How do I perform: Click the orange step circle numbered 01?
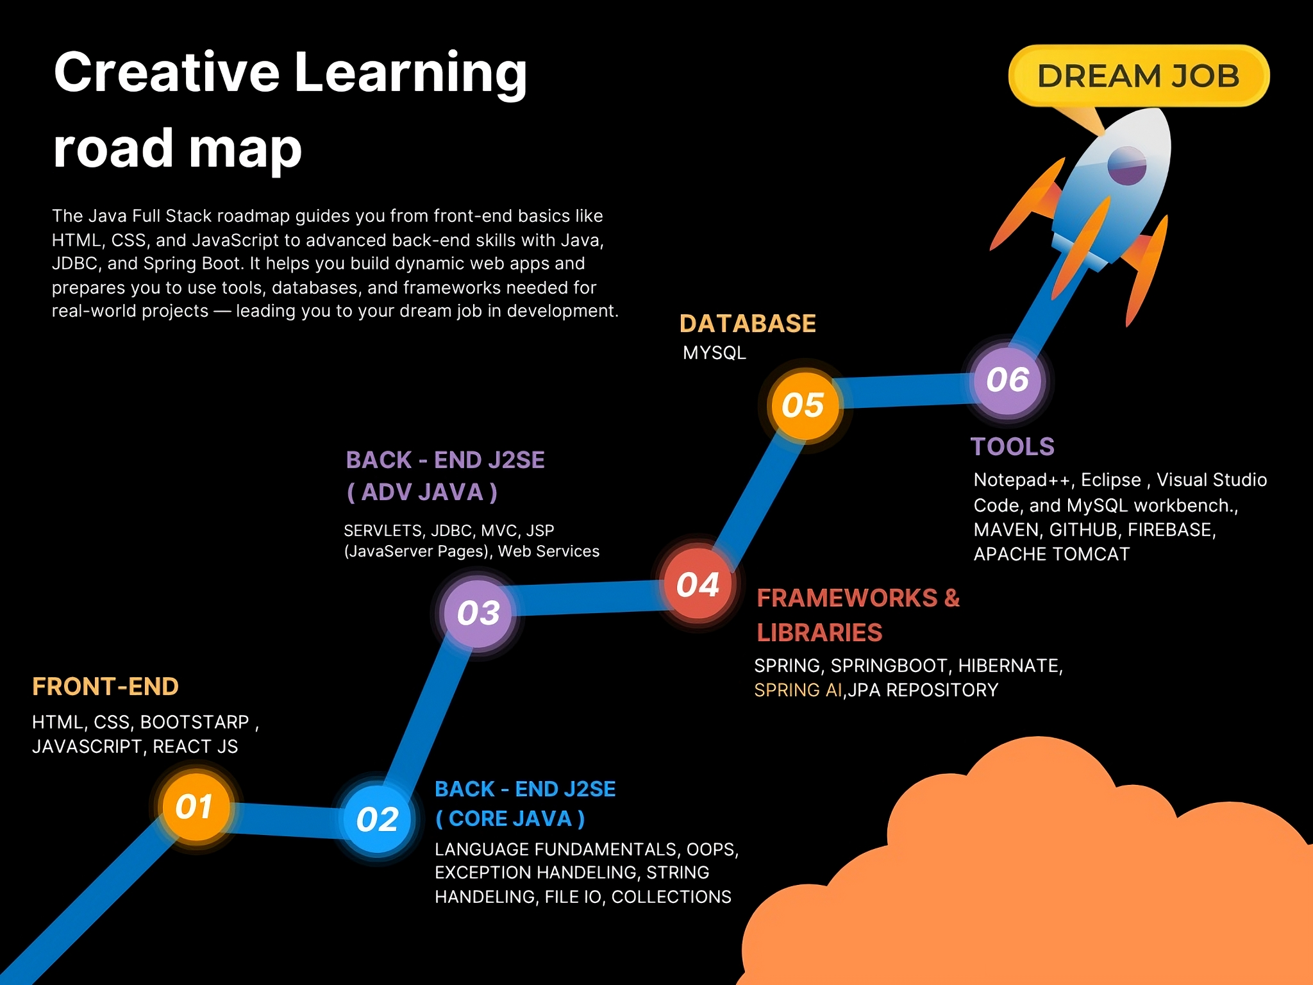[196, 806]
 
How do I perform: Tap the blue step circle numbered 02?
[378, 819]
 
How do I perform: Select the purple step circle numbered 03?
[479, 612]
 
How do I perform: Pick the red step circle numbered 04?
[699, 584]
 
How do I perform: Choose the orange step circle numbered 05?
[805, 405]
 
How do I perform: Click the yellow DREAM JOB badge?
[1139, 76]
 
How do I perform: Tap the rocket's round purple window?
[1126, 165]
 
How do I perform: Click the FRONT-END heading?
[105, 686]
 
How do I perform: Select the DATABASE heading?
[748, 323]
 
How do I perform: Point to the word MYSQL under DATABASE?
[714, 353]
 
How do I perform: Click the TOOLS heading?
[1012, 446]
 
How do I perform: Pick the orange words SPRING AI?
[798, 690]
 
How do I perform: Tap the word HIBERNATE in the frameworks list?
[1010, 666]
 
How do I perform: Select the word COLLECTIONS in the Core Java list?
[671, 897]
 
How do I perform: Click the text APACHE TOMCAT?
[1051, 554]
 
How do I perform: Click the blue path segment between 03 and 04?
[589, 598]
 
